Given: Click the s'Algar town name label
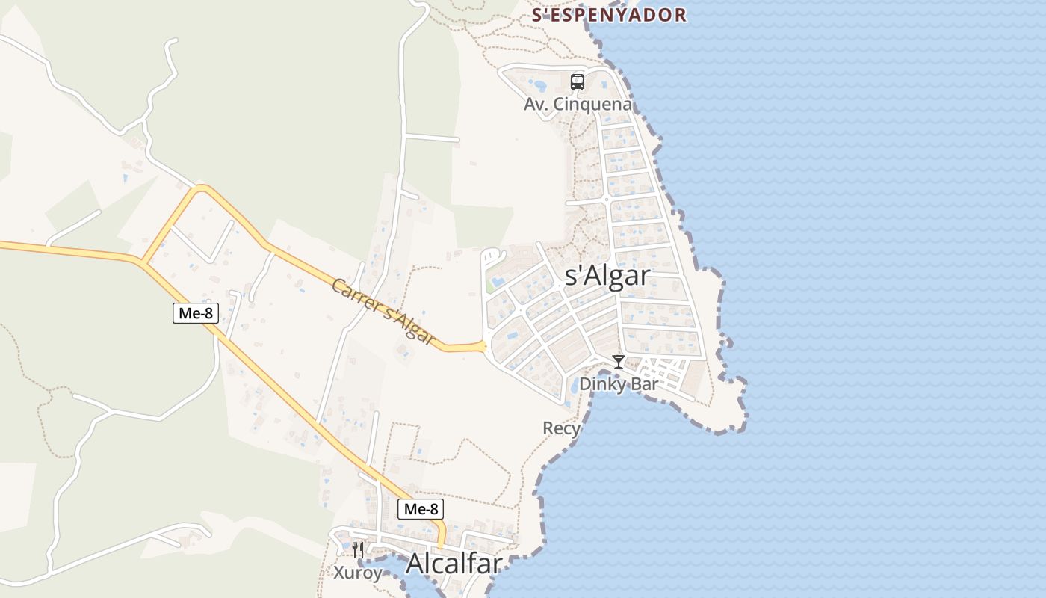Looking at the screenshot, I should click(607, 276).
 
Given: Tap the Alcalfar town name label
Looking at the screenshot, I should click(454, 564).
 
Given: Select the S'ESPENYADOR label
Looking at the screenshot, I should click(609, 15).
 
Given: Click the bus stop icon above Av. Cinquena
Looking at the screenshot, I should click(577, 82).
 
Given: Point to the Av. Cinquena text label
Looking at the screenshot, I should click(578, 105).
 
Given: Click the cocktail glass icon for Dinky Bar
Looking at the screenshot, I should click(619, 362).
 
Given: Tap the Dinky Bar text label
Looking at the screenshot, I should click(619, 384).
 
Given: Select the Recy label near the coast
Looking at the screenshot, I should click(561, 428).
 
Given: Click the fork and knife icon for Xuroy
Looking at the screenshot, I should click(358, 550).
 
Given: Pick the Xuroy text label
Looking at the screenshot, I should click(358, 573).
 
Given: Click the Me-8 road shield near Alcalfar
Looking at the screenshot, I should click(420, 509).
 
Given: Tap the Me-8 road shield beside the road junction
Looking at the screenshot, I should click(196, 313).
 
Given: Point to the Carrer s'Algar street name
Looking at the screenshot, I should click(383, 312).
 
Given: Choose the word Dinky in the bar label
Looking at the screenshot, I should click(603, 384).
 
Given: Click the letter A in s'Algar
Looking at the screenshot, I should click(590, 276).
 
